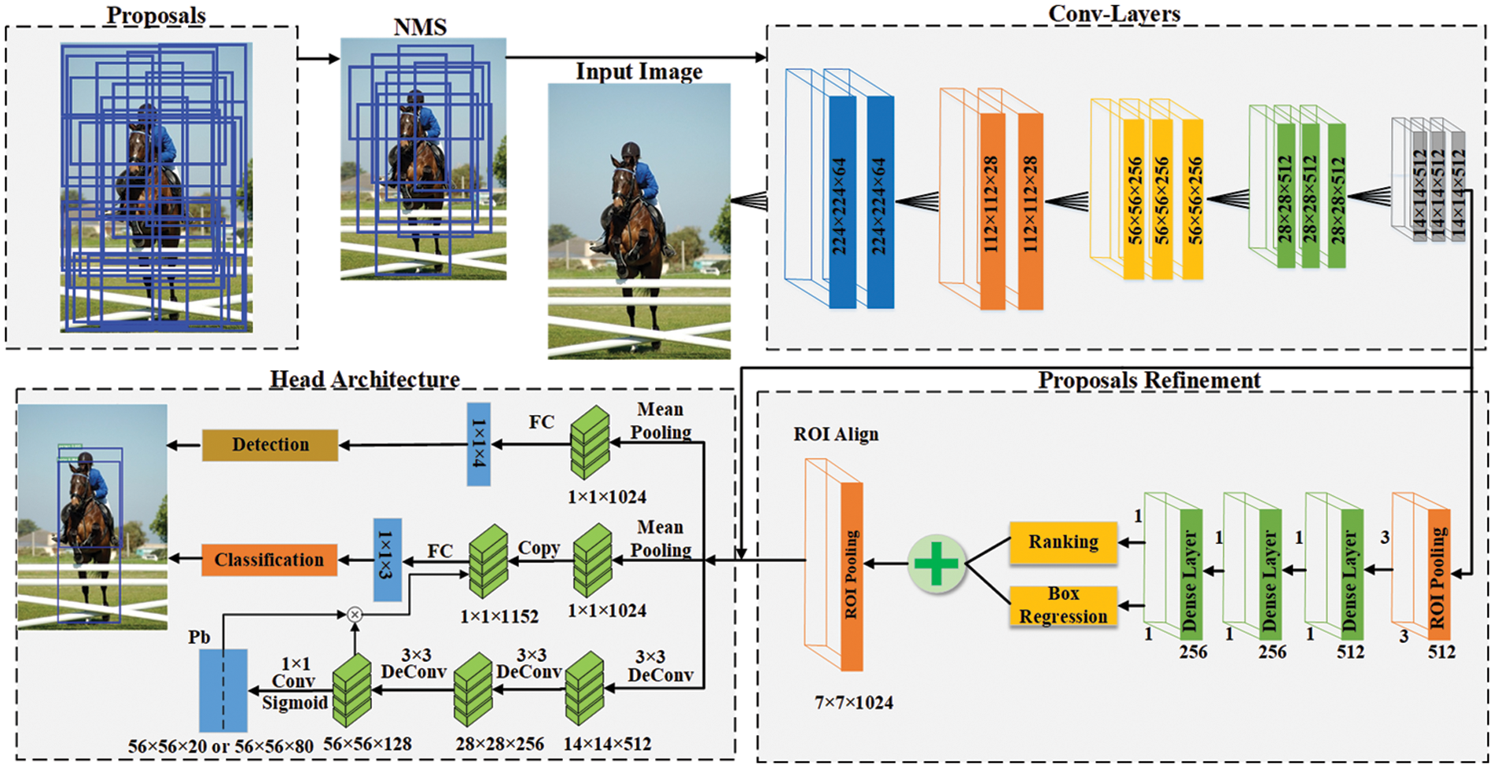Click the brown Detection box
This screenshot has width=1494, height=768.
[270, 445]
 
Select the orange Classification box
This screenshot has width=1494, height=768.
[269, 560]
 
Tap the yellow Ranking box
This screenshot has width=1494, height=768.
[1063, 542]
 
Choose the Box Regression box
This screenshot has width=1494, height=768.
[1063, 605]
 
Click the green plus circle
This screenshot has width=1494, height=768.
[936, 564]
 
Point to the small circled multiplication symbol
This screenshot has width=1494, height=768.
[355, 614]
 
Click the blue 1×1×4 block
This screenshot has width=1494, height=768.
[478, 444]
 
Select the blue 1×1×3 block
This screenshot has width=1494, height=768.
[387, 560]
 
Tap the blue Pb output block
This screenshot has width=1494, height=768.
[223, 690]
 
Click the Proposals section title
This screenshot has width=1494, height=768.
[156, 15]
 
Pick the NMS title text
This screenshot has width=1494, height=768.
[420, 28]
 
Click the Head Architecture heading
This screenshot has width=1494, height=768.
[364, 379]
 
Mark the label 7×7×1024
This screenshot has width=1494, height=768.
[853, 703]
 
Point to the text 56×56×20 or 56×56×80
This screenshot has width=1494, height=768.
[221, 746]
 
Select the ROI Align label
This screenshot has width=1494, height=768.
[836, 435]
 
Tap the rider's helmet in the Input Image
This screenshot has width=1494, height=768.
[631, 150]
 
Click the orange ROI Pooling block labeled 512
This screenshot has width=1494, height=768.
[1438, 574]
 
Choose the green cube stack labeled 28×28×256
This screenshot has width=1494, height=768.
[473, 689]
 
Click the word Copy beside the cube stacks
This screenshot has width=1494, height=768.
[539, 548]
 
